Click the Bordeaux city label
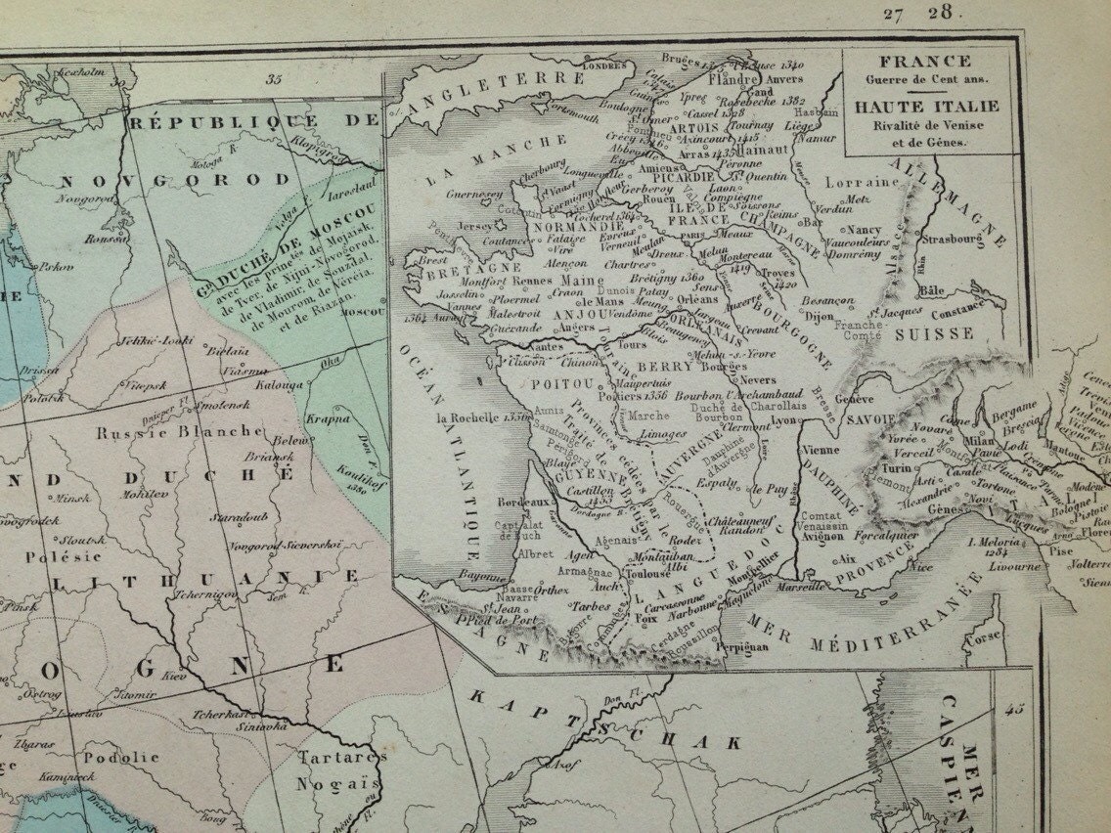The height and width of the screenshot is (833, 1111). tap(520, 502)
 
